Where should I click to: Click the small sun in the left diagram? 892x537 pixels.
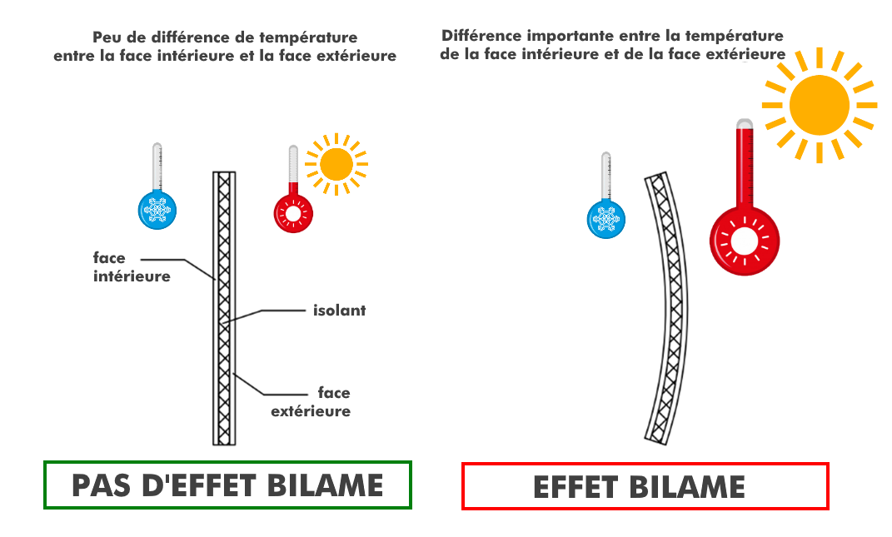click(x=336, y=164)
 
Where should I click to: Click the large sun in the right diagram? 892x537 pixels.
click(x=819, y=105)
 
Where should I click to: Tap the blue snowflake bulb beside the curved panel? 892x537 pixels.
click(x=606, y=218)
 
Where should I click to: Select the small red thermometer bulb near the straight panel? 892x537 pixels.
click(x=293, y=213)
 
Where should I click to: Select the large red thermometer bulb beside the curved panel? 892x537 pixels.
click(x=745, y=240)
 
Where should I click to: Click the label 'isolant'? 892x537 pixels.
click(x=339, y=311)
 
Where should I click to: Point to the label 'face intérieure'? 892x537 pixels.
click(x=132, y=267)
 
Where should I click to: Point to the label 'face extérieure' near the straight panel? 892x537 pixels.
click(x=311, y=401)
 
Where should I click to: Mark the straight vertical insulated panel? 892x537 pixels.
click(x=224, y=308)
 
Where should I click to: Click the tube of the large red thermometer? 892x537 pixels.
click(x=745, y=162)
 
